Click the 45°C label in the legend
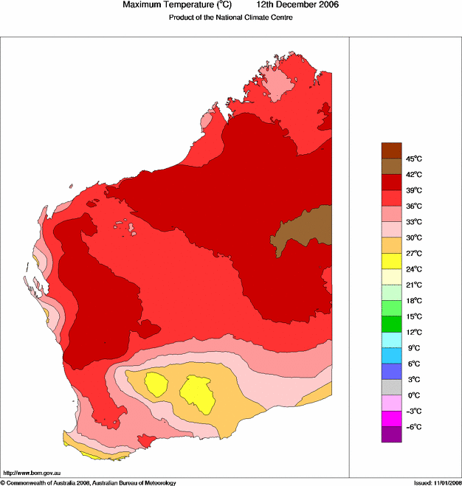tap(413, 159)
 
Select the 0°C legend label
tap(413, 395)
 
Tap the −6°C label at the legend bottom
tap(413, 427)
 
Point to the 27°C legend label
tap(413, 253)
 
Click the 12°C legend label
tap(413, 332)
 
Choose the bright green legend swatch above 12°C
tap(391, 324)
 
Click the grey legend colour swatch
tap(391, 387)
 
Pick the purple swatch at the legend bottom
tap(391, 434)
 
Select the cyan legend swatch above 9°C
tap(391, 340)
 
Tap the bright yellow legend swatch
tap(391, 261)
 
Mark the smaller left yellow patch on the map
tap(156, 383)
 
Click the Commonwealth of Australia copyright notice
tap(89, 482)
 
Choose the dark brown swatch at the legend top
tap(391, 150)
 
